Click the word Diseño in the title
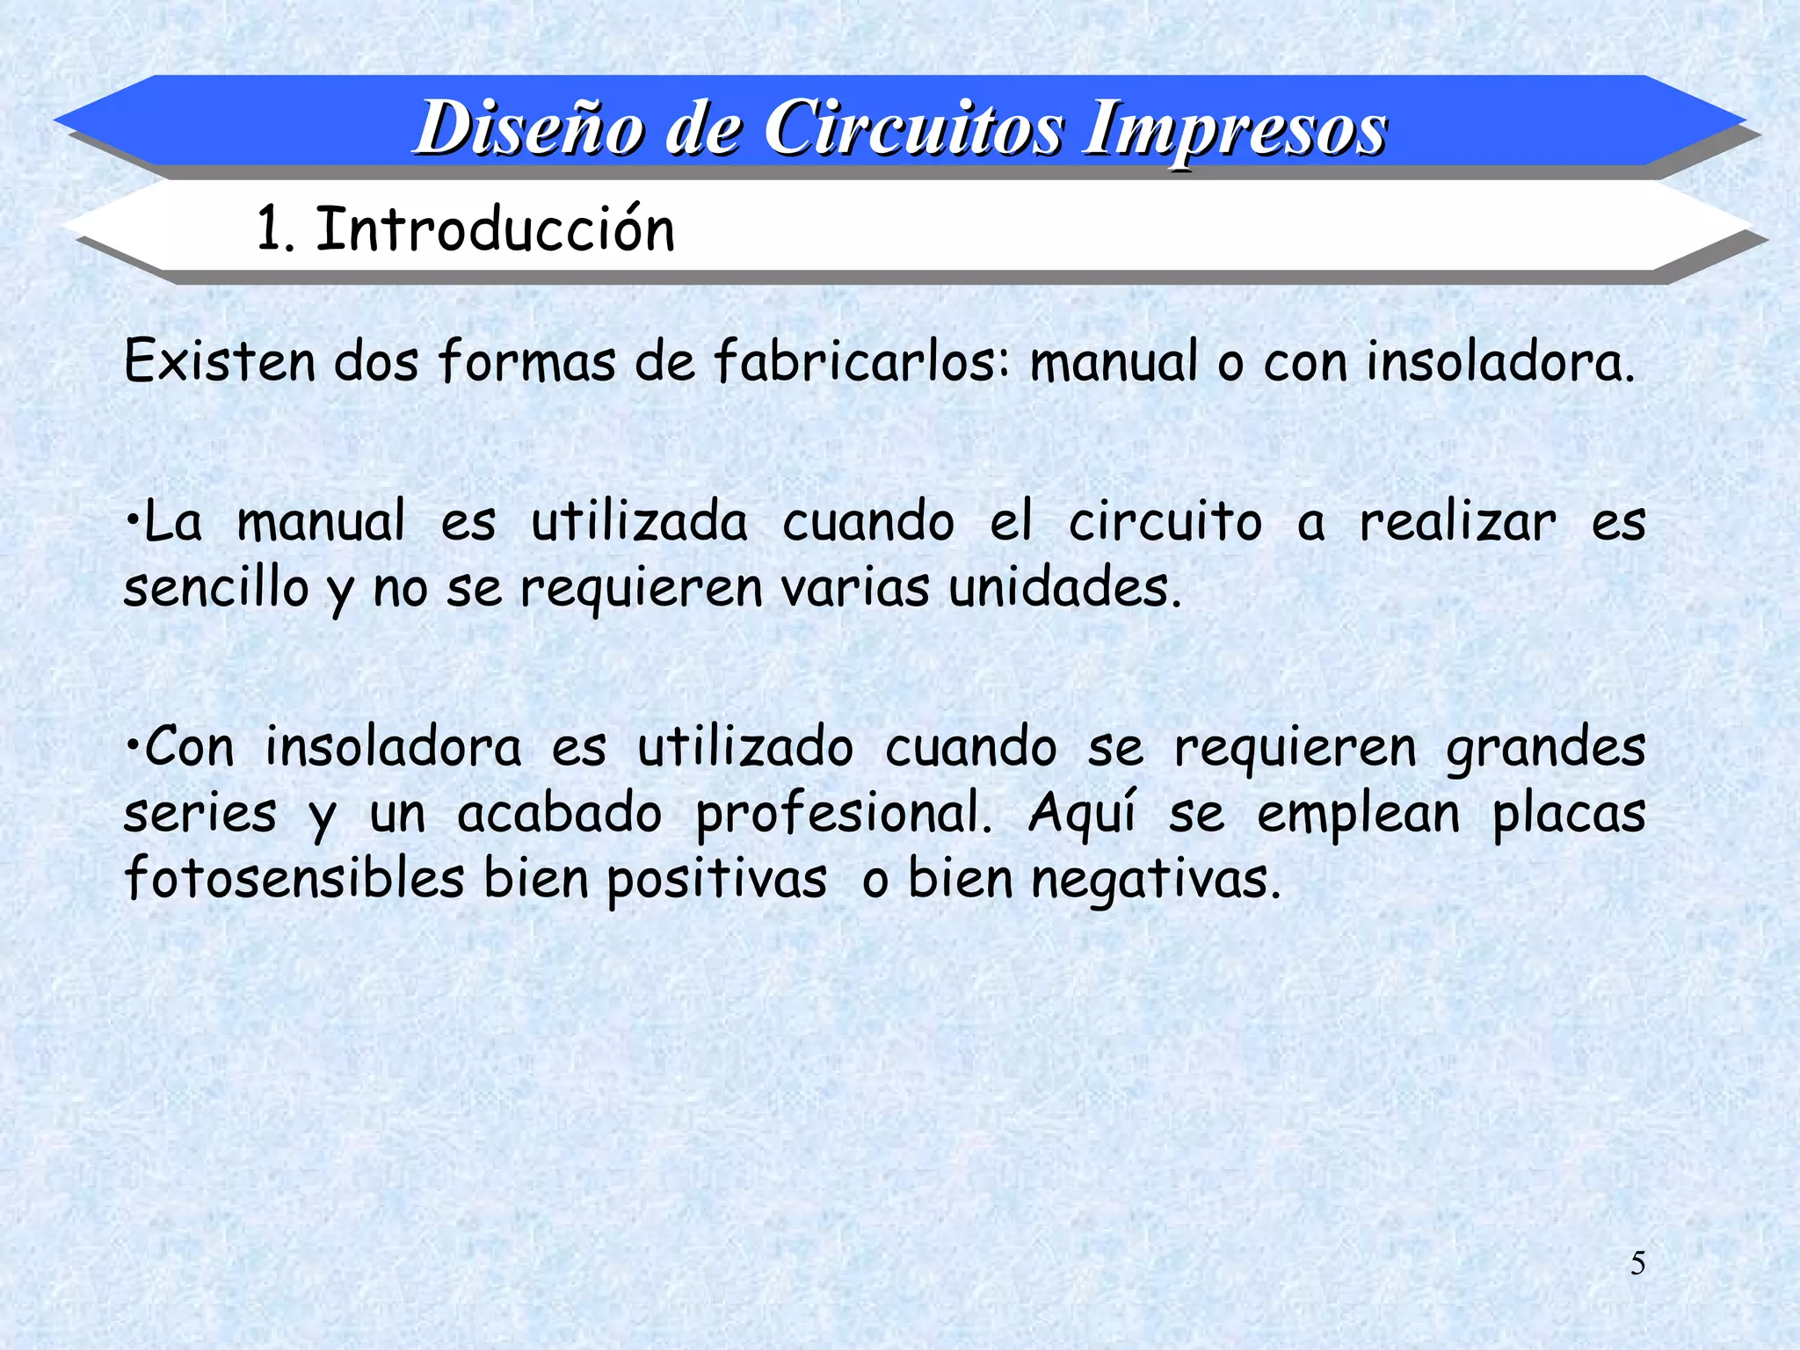coord(532,128)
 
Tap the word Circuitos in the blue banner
coord(913,128)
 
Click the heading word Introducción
coord(495,229)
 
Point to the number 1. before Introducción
coord(274,229)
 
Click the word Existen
coord(220,360)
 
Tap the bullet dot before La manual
coord(132,520)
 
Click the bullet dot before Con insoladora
coord(132,745)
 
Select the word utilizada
coord(639,521)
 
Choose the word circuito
coord(1165,521)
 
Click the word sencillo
coord(216,587)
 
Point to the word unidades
coord(1064,587)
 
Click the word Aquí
coord(1082,814)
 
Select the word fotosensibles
coord(294,878)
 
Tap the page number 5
coord(1638,1264)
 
